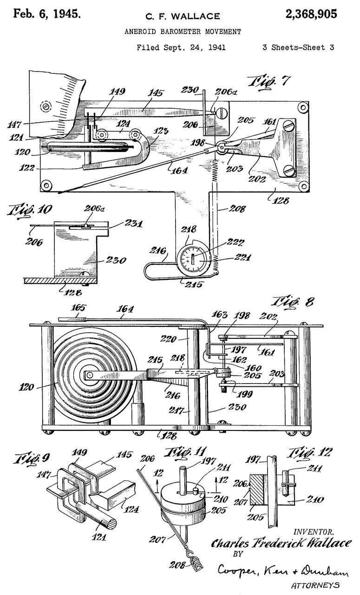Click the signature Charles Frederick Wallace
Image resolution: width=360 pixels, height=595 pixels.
281,544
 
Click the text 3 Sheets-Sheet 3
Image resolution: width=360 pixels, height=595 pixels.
299,47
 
